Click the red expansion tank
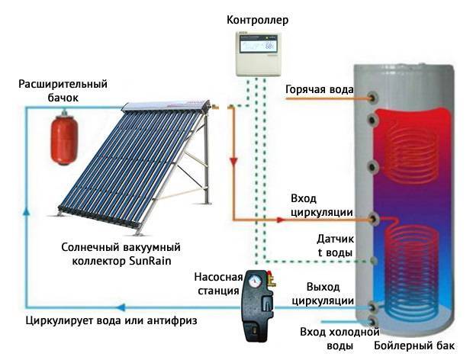point(64,137)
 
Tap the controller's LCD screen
point(258,46)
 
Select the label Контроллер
point(257,20)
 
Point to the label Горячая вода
point(319,89)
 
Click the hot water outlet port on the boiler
point(374,98)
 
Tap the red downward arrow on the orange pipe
point(233,162)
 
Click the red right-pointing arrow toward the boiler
point(281,220)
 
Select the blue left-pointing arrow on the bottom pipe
point(121,307)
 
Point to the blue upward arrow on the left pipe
point(27,212)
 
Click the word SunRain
point(150,261)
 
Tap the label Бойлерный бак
point(414,346)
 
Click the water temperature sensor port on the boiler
point(374,261)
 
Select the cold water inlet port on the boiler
point(374,321)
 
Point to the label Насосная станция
point(219,284)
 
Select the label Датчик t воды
point(336,246)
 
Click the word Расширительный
point(63,84)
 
